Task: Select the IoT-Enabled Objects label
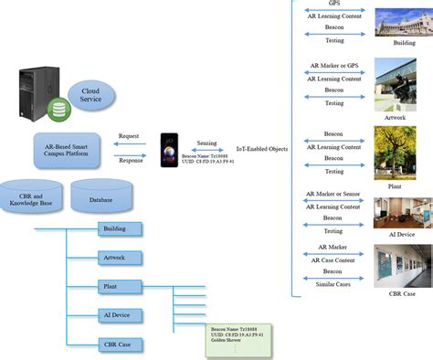click(x=262, y=149)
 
